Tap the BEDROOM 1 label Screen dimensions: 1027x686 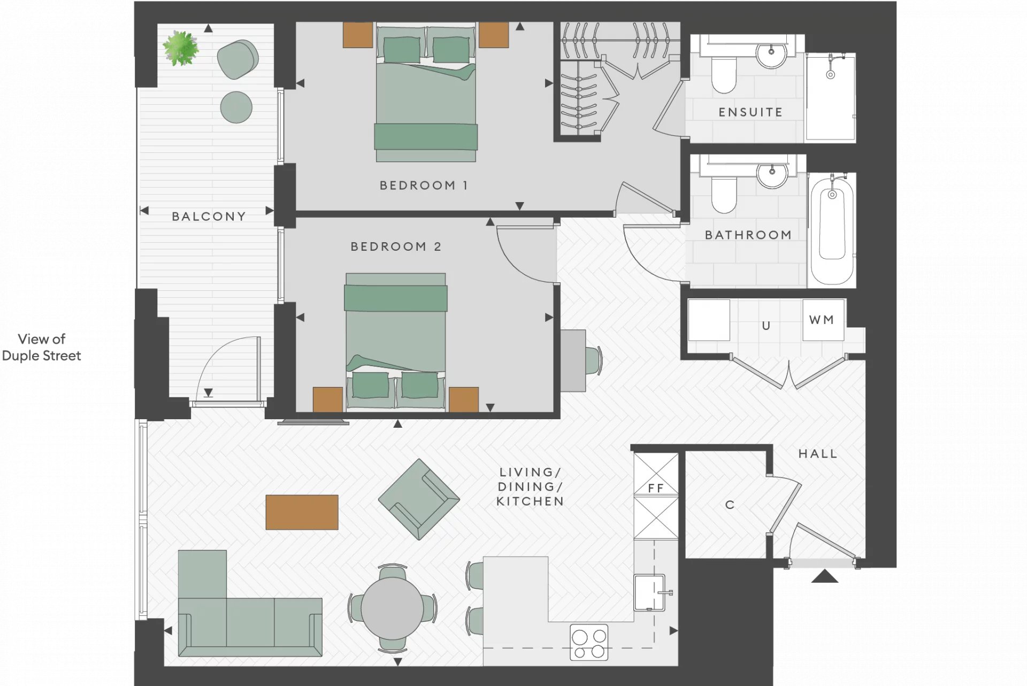click(424, 186)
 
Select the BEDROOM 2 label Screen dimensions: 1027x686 click(396, 246)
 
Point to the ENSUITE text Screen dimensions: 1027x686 click(750, 112)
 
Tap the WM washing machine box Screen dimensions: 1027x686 click(823, 320)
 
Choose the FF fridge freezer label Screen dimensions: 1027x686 click(656, 488)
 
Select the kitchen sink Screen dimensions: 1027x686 click(650, 592)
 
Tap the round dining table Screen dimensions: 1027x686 click(392, 608)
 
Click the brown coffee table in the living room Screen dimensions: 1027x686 click(302, 512)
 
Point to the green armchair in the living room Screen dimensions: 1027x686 click(419, 499)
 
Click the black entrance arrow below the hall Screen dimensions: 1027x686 click(825, 576)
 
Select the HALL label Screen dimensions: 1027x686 click(818, 454)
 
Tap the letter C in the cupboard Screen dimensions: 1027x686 click(730, 505)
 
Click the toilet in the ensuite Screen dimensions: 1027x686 click(724, 74)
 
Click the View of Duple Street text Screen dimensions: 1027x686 click(42, 348)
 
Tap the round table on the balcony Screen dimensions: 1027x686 click(236, 107)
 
